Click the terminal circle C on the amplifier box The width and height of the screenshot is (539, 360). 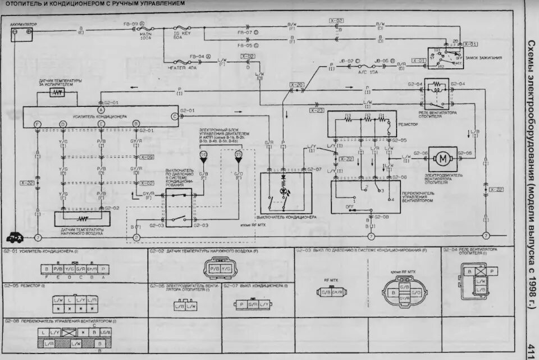tap(175, 116)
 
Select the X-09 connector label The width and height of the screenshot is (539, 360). tap(147, 157)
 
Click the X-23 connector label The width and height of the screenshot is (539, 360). tap(316, 110)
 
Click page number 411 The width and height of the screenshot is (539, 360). tap(531, 348)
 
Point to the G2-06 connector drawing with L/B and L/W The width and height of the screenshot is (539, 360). tap(185, 306)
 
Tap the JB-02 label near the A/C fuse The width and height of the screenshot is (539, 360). tap(346, 61)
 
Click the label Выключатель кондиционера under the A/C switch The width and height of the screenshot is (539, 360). tap(286, 217)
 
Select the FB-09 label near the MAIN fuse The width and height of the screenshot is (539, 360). tap(131, 24)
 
